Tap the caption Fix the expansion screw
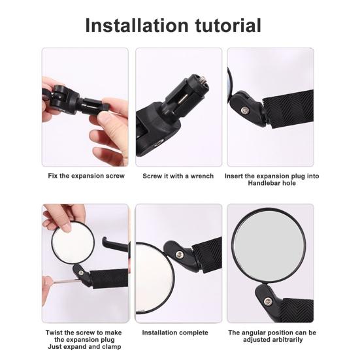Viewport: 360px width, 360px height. [86, 176]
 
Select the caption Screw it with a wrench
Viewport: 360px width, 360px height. [178, 176]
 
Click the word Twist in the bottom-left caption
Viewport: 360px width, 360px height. [57, 332]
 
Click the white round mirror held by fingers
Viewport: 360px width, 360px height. [71, 248]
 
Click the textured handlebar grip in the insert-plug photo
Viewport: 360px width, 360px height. [291, 108]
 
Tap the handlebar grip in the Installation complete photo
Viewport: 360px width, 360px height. [206, 251]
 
